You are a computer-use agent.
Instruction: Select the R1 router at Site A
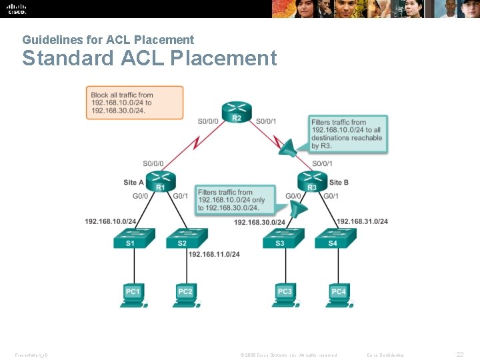click(160, 181)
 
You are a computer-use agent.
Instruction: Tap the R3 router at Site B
click(312, 181)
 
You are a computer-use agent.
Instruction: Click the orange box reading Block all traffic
click(135, 103)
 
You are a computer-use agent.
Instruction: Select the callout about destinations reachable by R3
click(347, 134)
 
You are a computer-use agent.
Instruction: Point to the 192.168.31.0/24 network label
click(362, 221)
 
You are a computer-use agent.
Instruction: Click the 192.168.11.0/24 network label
click(214, 254)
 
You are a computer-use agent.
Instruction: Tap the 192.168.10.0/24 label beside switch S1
click(111, 221)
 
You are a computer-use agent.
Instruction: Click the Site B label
click(339, 182)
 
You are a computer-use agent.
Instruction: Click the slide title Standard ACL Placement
click(149, 59)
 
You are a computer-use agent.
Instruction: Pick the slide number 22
click(459, 355)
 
